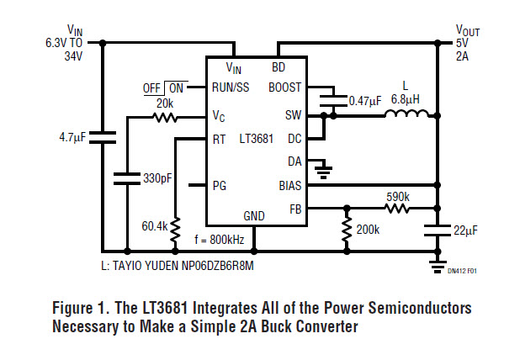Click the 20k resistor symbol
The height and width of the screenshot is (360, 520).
(164, 117)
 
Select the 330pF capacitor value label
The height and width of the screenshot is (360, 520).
(159, 178)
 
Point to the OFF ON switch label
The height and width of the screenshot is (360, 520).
(165, 87)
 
